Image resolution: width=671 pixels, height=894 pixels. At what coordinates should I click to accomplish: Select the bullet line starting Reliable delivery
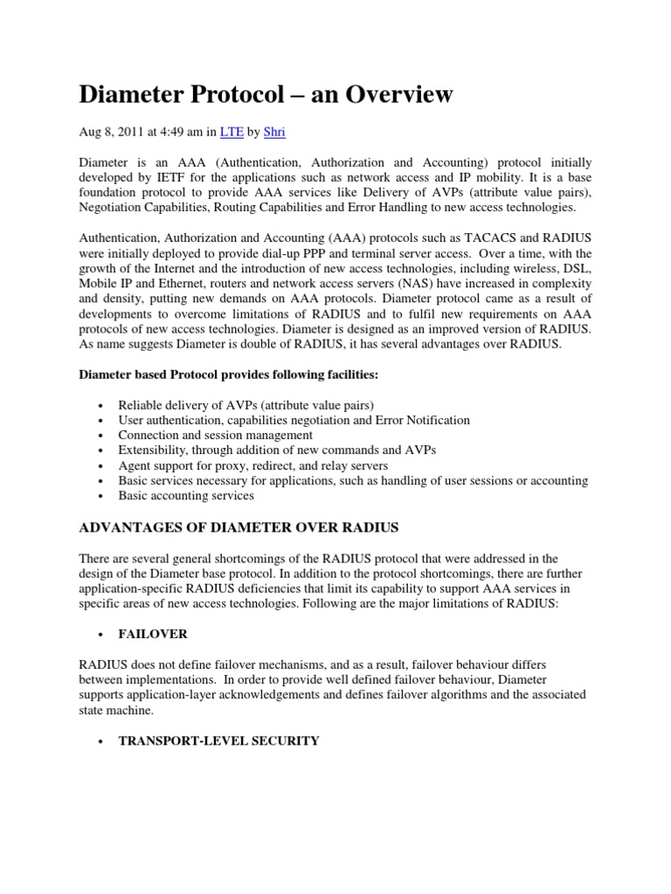pyautogui.click(x=246, y=405)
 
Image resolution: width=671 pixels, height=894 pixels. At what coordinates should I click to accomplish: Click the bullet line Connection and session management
pyautogui.click(x=215, y=435)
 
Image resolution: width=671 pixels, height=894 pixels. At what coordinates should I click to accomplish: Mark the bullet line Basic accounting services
pyautogui.click(x=186, y=495)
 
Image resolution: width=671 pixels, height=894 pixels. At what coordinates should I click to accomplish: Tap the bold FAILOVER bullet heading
pyautogui.click(x=153, y=633)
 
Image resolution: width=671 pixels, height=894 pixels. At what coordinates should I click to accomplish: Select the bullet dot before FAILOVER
pyautogui.click(x=103, y=634)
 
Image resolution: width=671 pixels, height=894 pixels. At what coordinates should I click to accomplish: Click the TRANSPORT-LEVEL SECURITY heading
pyautogui.click(x=218, y=740)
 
